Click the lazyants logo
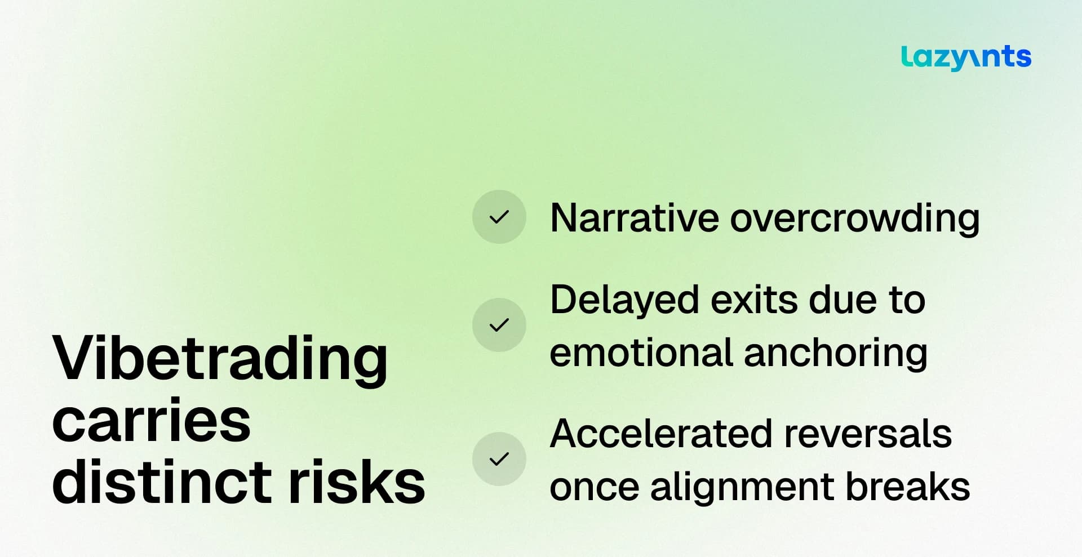[966, 57]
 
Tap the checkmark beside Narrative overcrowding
[499, 217]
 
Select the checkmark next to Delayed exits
[499, 325]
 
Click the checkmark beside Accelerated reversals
[499, 459]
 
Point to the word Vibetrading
[220, 359]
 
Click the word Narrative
[634, 218]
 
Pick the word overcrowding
[855, 219]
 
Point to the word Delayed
[624, 301]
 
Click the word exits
[753, 300]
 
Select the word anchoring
[836, 354]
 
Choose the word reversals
[867, 434]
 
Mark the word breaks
[908, 486]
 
